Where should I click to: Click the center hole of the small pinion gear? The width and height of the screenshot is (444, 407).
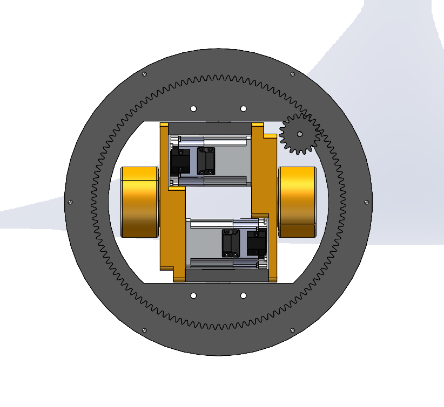pos(300,134)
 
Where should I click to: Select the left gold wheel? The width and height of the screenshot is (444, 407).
pos(139,202)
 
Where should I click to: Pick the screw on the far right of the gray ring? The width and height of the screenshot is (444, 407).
pos(367,202)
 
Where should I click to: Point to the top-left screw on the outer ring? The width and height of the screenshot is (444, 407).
pos(144,74)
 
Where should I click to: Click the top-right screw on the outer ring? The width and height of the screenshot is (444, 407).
pos(292,74)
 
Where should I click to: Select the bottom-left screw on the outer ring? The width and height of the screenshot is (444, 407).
pos(144,330)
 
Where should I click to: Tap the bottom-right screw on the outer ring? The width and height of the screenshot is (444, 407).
pos(292,330)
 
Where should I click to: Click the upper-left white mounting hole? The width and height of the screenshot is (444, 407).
pos(193,108)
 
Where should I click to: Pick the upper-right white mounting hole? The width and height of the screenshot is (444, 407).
pos(243,108)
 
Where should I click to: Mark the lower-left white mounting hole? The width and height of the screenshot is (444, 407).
pos(193,295)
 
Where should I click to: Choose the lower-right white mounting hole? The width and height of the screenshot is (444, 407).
pos(243,295)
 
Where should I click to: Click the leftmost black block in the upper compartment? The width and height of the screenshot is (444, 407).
pos(180,162)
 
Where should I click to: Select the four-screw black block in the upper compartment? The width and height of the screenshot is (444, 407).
pos(205,161)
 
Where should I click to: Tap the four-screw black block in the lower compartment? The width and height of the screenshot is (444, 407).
pos(231,243)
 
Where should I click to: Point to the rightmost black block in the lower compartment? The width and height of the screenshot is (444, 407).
pos(256,243)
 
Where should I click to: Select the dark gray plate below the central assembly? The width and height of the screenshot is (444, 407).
pos(227,275)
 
